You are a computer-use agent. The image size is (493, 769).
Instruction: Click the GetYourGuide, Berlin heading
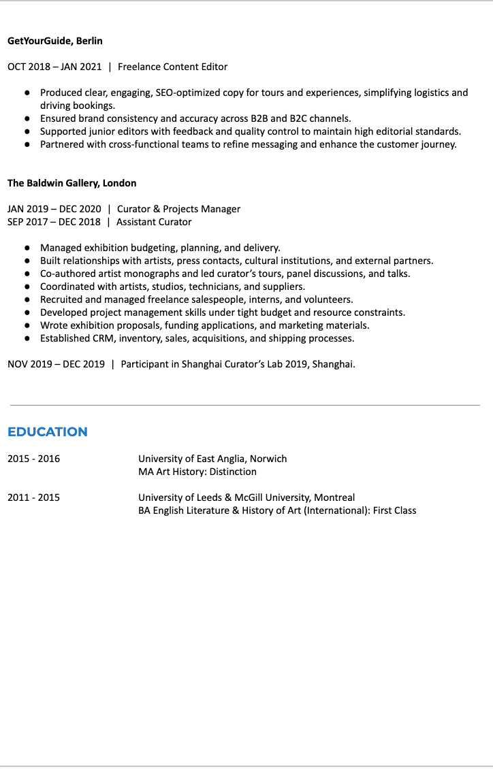(55, 41)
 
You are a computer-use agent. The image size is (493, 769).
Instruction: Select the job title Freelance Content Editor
(172, 67)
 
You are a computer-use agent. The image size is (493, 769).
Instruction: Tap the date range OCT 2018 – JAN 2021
(54, 67)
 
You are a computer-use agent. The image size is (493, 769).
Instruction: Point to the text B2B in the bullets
(259, 118)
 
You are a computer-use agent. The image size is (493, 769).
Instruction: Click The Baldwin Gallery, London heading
(71, 183)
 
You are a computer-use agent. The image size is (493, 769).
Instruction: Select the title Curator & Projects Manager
(178, 209)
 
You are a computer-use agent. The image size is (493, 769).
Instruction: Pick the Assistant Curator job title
(154, 222)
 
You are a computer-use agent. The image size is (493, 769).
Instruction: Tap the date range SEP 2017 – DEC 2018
(54, 222)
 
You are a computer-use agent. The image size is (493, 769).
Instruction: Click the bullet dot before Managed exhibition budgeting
(27, 248)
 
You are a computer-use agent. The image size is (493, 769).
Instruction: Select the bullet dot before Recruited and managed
(27, 300)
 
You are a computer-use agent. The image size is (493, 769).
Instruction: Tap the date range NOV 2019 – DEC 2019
(56, 364)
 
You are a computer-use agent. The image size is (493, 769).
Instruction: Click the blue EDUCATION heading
(48, 432)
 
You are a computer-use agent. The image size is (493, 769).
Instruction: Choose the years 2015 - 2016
(33, 459)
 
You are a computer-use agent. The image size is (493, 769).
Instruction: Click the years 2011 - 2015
(33, 497)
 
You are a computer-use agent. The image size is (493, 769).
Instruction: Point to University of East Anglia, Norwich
(212, 459)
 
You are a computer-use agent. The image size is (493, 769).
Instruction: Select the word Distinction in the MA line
(233, 472)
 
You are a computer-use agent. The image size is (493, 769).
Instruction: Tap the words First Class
(394, 510)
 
